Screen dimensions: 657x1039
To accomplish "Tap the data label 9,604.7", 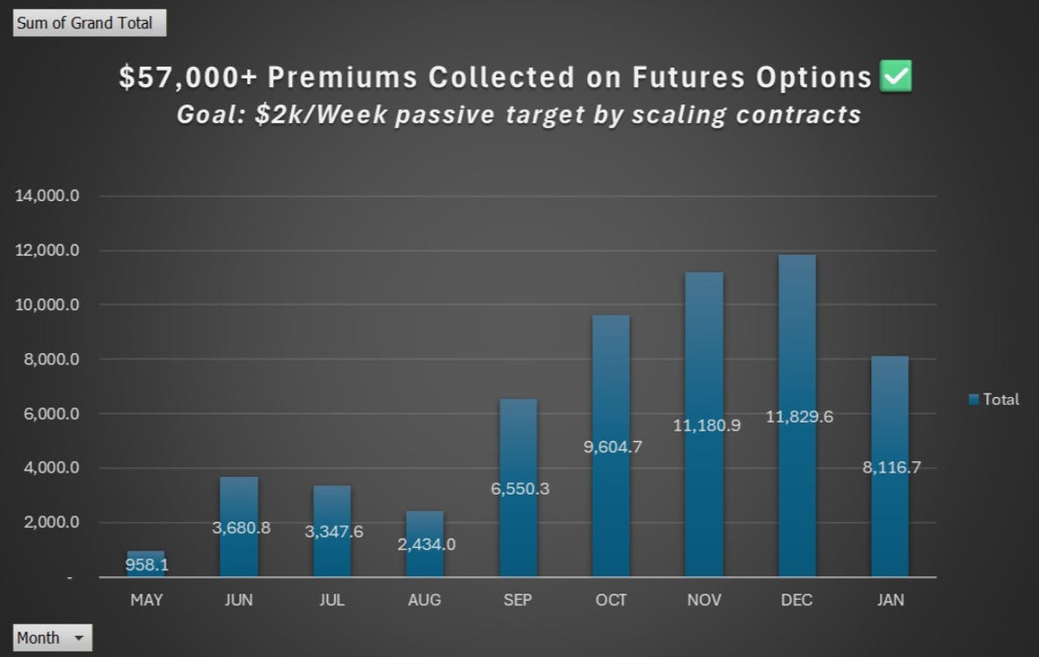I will (612, 446).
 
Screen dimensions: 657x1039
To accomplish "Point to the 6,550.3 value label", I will (519, 488).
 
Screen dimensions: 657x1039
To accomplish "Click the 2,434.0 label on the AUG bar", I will (425, 544).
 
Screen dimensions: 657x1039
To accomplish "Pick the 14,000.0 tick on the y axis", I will (47, 196).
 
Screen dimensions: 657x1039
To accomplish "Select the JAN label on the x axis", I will (890, 600).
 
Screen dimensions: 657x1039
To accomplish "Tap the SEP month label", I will (518, 600).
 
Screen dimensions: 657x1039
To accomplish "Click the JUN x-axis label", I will (238, 600).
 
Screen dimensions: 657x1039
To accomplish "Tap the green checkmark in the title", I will (897, 77).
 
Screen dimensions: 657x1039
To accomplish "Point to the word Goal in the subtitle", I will (208, 115).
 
